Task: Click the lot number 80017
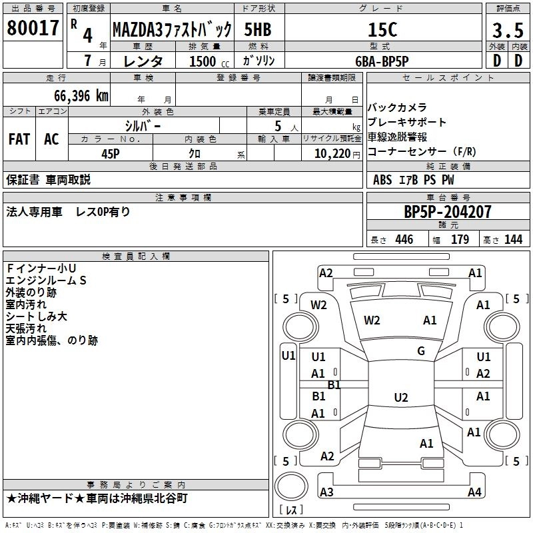pos(33,28)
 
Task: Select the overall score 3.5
pos(507,29)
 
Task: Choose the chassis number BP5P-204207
pos(448,213)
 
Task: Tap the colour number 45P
pos(110,153)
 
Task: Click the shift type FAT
pos(19,139)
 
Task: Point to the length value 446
pos(404,240)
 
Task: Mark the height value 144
pos(513,240)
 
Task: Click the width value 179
pos(460,240)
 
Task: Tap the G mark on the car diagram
pos(421,351)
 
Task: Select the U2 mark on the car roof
pos(400,398)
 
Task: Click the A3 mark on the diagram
pos(326,492)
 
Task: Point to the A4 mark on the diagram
pos(474,492)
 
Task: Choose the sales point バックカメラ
pos(397,107)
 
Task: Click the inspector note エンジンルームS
pos(46,280)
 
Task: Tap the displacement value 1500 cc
pos(204,61)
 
